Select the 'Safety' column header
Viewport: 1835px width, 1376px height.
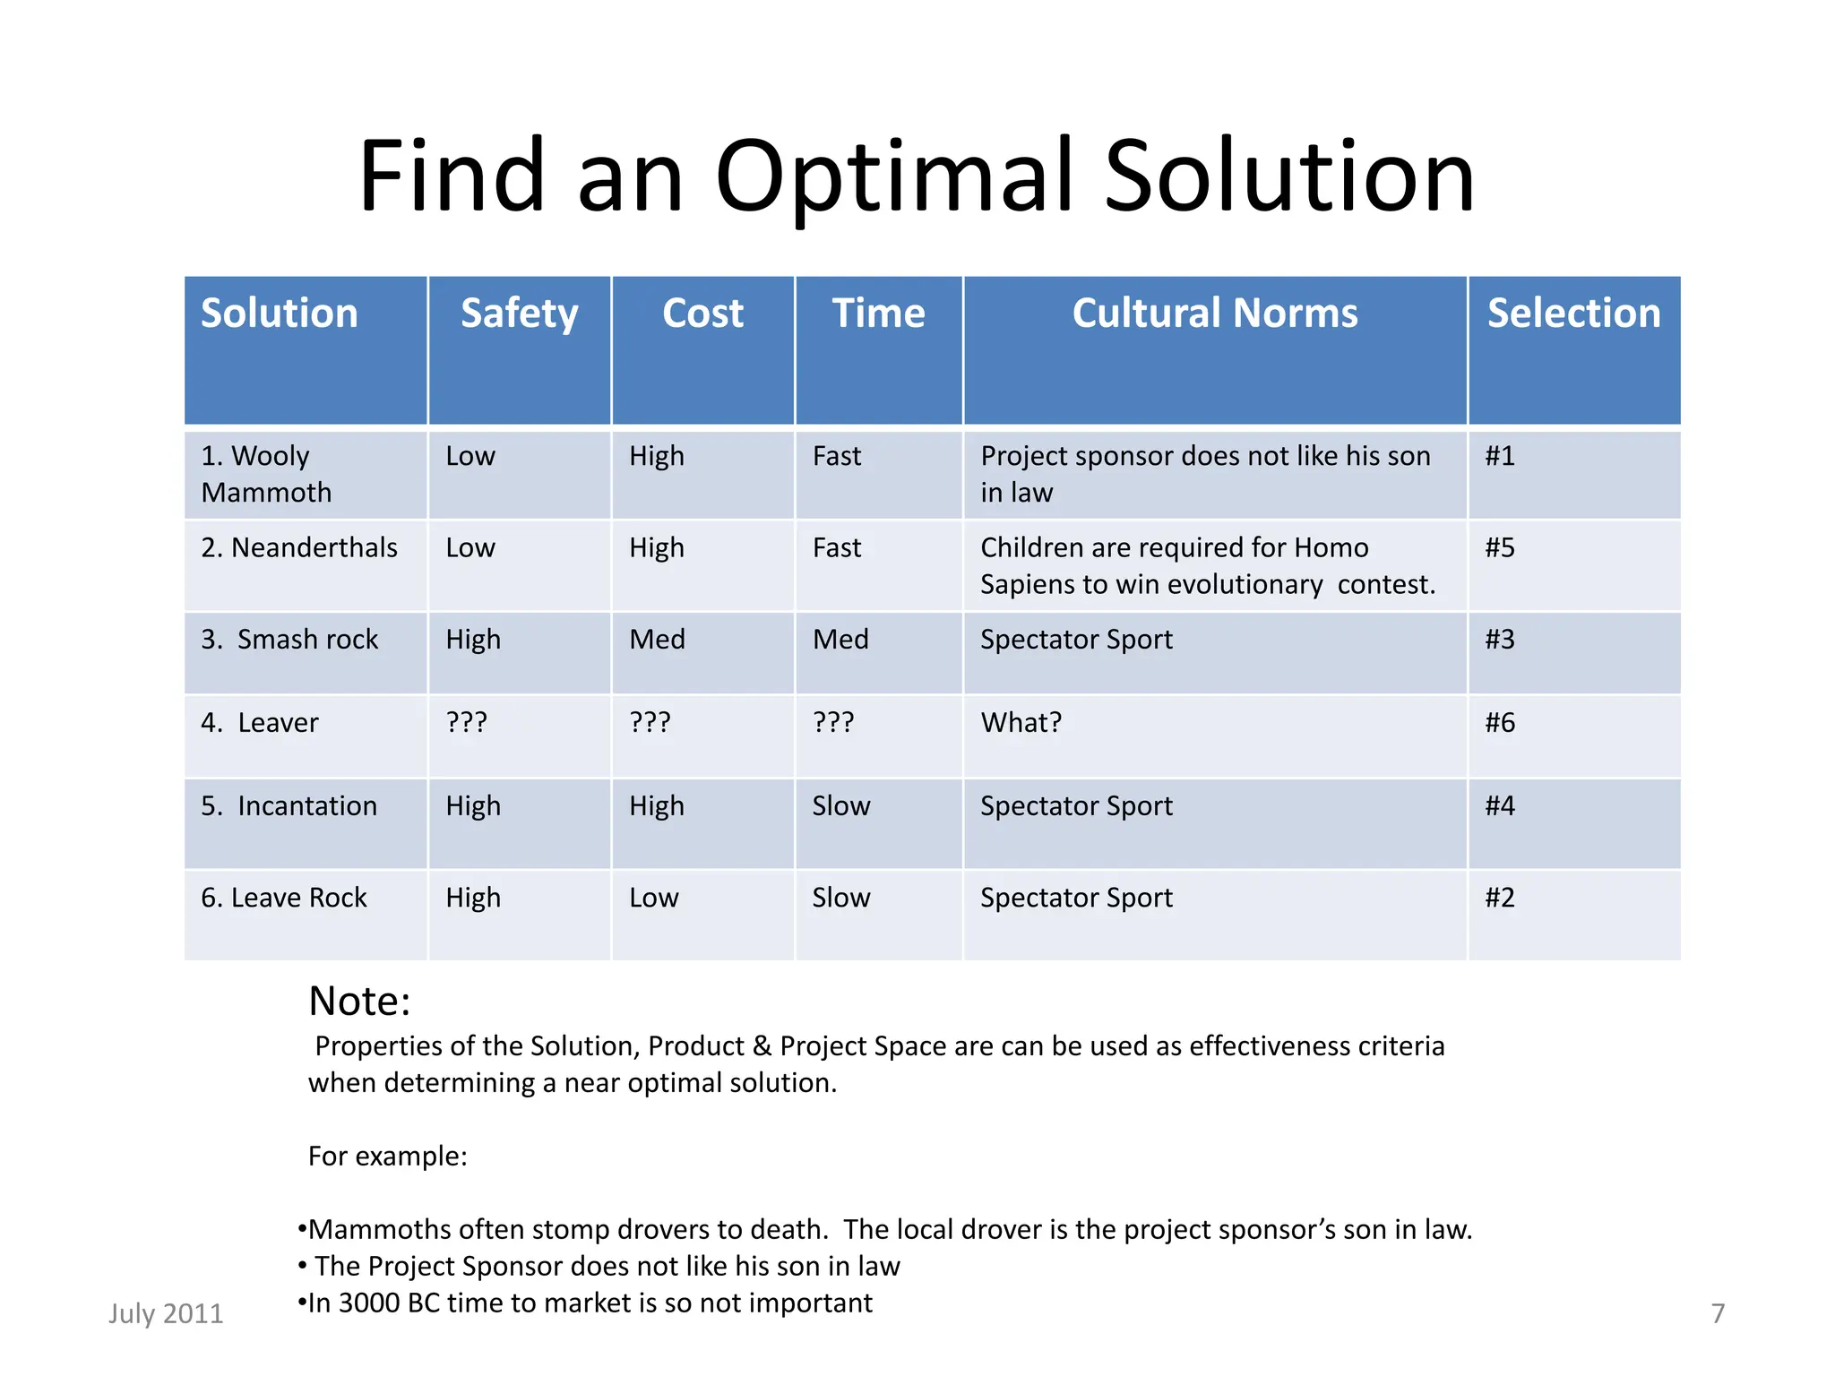[x=519, y=314]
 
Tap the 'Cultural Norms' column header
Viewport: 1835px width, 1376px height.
[x=1214, y=314]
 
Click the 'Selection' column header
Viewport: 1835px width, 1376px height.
[x=1573, y=314]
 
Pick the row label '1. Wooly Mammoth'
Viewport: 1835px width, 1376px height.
[x=266, y=474]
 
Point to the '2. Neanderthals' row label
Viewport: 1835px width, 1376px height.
[x=299, y=547]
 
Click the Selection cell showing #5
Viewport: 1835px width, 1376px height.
[x=1500, y=547]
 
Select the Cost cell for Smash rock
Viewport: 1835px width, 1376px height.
[x=657, y=640]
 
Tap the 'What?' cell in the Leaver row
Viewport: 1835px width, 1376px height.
[x=1021, y=723]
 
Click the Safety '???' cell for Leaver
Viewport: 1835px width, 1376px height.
[x=467, y=723]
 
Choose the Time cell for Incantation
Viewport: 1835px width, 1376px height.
[x=840, y=806]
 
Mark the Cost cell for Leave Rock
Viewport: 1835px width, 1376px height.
[x=654, y=898]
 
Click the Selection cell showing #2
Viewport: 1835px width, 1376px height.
[x=1500, y=898]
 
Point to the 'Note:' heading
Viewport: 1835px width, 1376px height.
[x=359, y=1002]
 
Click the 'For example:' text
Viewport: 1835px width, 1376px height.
[x=387, y=1157]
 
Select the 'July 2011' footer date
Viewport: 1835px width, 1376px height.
[x=166, y=1313]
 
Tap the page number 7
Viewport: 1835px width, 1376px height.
[x=1718, y=1313]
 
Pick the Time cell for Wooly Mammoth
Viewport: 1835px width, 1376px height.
[x=836, y=456]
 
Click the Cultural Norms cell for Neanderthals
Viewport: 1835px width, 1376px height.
[x=1207, y=565]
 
